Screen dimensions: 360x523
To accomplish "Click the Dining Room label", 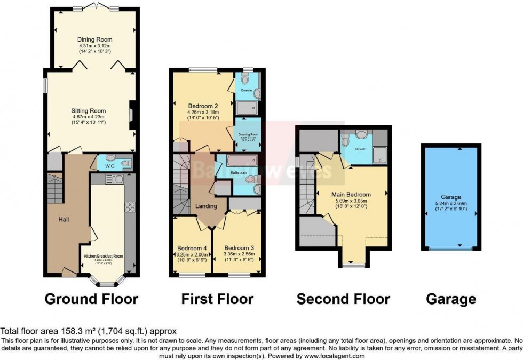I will click(94, 39).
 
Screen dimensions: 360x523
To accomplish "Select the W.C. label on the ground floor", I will click(110, 165).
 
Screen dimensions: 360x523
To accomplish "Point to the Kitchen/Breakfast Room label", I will click(104, 257).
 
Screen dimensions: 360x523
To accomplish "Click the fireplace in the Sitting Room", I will click(133, 115).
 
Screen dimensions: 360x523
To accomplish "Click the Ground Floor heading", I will click(91, 299).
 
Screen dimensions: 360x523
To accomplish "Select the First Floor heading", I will click(217, 299).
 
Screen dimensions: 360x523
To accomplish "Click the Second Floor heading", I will click(343, 299).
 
